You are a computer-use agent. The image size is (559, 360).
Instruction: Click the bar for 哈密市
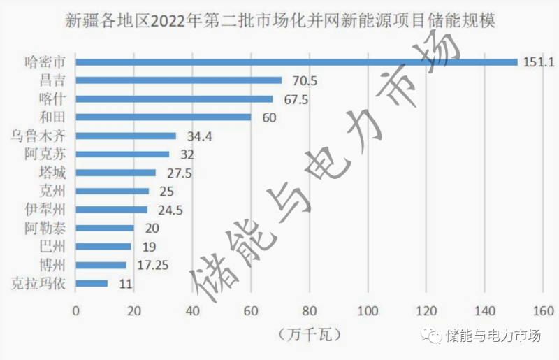(x=296, y=62)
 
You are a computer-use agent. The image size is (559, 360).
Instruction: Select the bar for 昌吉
(x=178, y=80)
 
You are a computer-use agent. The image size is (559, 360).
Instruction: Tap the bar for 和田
(x=163, y=117)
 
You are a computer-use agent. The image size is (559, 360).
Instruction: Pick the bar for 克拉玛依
(x=92, y=283)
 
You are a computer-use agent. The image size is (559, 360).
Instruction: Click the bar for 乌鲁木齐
(x=126, y=136)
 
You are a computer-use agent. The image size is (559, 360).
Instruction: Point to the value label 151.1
(x=539, y=62)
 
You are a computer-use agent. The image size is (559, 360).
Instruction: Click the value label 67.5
(x=296, y=99)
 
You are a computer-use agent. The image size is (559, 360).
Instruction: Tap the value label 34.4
(x=200, y=136)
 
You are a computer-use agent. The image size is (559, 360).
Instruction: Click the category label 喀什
(x=53, y=99)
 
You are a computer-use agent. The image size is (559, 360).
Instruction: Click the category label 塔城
(x=53, y=173)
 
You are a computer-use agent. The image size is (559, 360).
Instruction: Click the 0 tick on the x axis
(x=76, y=310)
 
